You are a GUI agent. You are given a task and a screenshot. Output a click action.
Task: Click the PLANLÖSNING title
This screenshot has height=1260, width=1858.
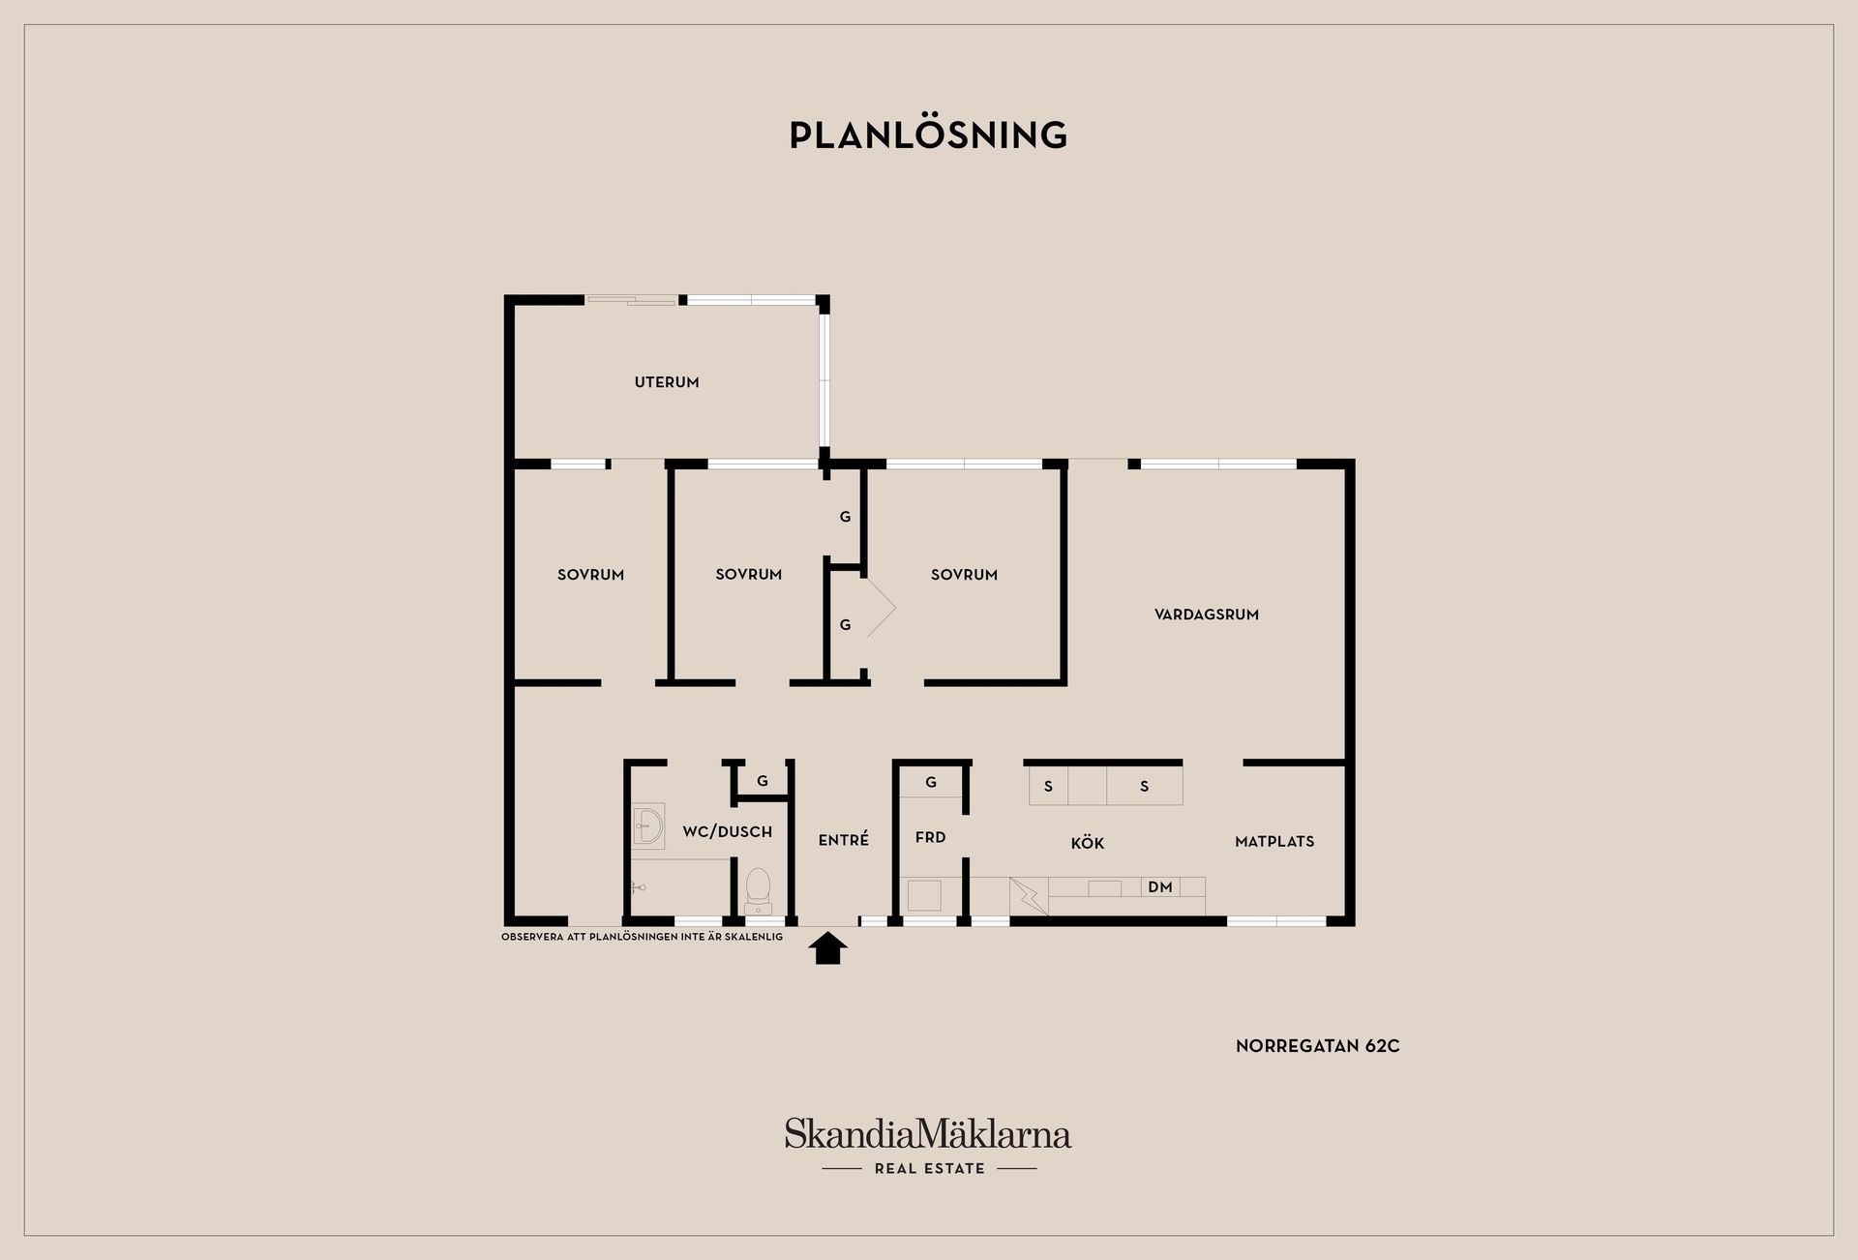[x=928, y=135]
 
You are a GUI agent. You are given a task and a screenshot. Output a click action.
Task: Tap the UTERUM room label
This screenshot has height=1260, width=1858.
[x=667, y=382]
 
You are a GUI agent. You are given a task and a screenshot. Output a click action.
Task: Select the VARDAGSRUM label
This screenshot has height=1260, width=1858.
[x=1207, y=615]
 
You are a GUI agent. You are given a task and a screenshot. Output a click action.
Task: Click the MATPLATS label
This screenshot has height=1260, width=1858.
[x=1274, y=842]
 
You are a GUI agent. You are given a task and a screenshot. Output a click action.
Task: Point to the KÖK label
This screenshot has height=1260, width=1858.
[x=1088, y=843]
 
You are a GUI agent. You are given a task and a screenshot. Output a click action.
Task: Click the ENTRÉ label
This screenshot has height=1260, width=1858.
[x=844, y=840]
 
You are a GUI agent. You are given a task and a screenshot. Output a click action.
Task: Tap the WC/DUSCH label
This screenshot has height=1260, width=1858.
[x=728, y=831]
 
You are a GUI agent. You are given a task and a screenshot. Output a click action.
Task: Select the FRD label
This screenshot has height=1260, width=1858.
[x=930, y=837]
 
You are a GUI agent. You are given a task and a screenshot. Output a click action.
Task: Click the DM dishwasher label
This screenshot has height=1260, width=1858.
[x=1160, y=886]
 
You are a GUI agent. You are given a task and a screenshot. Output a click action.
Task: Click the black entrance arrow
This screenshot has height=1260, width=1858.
[x=828, y=948]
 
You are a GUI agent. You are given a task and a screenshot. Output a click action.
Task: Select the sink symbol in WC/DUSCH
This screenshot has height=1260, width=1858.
[x=647, y=827]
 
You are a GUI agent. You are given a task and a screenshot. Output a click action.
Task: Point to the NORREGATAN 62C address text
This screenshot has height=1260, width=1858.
[x=1318, y=1046]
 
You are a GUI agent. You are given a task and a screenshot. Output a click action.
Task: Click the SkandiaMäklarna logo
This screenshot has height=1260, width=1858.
[x=928, y=1133]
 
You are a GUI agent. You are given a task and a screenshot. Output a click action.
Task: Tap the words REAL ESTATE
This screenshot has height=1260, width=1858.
[x=930, y=1169]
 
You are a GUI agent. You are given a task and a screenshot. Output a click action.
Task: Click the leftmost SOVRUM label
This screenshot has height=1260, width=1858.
[x=591, y=575]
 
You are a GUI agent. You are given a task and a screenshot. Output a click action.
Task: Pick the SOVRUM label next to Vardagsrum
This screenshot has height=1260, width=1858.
[x=964, y=575]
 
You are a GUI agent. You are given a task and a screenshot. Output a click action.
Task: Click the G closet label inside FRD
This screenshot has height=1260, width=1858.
[x=931, y=782]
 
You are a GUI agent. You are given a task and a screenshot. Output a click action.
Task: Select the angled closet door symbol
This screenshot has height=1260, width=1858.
[x=881, y=607]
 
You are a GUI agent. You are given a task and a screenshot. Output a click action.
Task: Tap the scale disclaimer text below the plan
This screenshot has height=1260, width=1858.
[x=643, y=937]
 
